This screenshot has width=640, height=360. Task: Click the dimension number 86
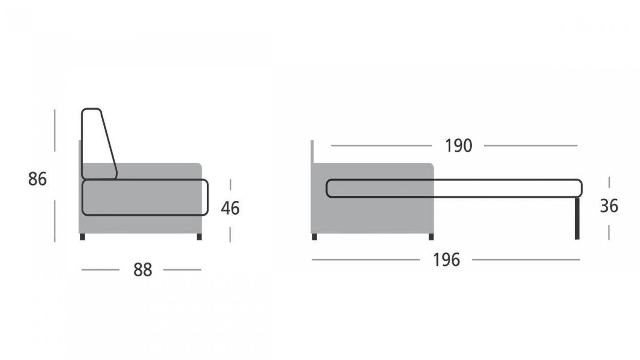[37, 179]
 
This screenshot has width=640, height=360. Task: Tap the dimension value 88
[142, 270]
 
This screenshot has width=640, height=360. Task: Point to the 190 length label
[459, 146]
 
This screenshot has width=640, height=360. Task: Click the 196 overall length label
[446, 260]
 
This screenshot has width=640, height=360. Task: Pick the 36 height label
[609, 206]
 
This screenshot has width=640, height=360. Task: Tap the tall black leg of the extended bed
[577, 218]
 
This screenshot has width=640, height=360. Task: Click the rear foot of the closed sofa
[83, 237]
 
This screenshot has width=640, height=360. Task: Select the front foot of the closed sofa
[199, 237]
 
